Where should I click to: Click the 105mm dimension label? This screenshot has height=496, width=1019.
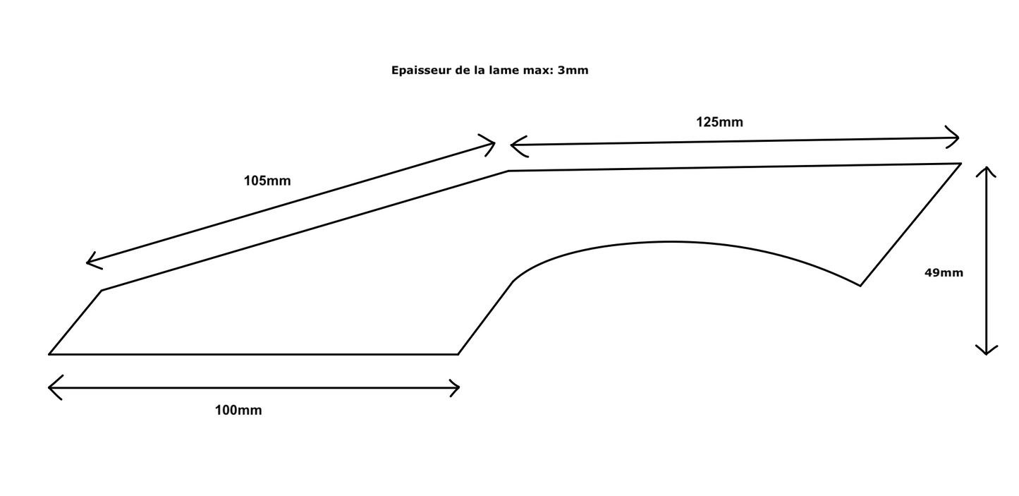pos(267,181)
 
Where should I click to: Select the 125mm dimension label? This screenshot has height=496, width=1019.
pos(719,122)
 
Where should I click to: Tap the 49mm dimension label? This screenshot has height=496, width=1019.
pos(944,272)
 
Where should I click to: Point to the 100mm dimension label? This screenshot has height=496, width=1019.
pos(238,411)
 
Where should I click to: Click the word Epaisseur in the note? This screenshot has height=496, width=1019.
pos(419,71)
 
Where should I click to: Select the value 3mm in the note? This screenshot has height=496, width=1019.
pos(573,71)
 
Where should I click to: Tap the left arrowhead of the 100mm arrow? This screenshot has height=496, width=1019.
pos(51,387)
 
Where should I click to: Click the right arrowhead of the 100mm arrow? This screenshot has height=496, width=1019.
pos(458,387)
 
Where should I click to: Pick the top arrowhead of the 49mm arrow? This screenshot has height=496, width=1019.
pos(986,169)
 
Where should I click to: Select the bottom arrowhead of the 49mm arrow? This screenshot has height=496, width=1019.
pos(986,352)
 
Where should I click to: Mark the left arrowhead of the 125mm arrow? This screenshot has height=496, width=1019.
pos(513,145)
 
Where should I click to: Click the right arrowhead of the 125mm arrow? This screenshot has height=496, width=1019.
pos(957,136)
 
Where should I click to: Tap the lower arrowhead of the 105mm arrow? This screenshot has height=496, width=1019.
pos(89,262)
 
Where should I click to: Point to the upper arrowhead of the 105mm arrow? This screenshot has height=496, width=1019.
pos(492,144)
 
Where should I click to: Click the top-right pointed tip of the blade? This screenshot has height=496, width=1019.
pos(960,164)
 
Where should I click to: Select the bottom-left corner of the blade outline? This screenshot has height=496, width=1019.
pos(49,353)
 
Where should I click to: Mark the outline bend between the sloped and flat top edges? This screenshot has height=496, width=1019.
pos(508,171)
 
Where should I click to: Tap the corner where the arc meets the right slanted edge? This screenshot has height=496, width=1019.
pos(860,285)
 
